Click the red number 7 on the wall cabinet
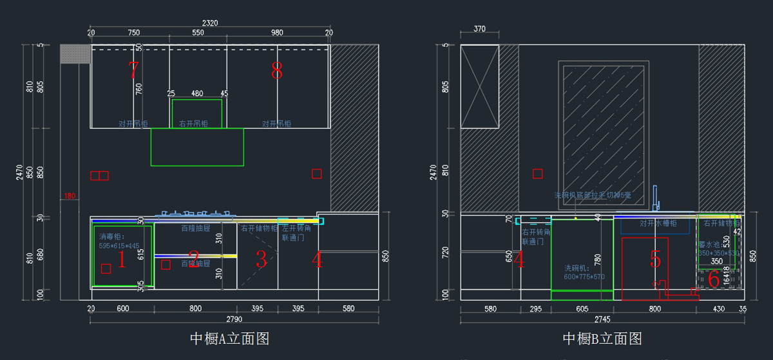(x=133, y=70)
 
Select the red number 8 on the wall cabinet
(x=276, y=71)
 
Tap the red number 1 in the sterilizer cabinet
(x=120, y=260)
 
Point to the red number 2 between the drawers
(x=194, y=261)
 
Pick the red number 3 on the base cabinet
(x=261, y=260)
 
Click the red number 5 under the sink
(x=655, y=260)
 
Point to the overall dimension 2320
(x=210, y=23)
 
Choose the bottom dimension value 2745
(x=602, y=319)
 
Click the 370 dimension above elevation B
(x=479, y=29)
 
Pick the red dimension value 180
(x=70, y=196)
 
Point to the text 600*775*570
(x=584, y=277)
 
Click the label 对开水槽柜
(x=658, y=223)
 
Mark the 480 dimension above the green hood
(x=197, y=93)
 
